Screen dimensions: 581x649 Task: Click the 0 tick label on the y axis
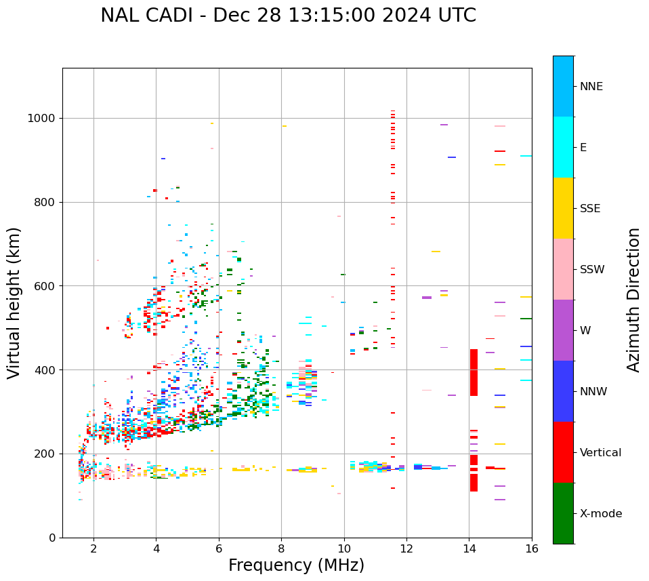pyautogui.click(x=52, y=538)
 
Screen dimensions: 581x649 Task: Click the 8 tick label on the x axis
pyautogui.click(x=281, y=548)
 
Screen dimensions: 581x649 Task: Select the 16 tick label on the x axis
pyautogui.click(x=532, y=548)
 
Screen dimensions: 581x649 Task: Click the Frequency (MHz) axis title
pyautogui.click(x=296, y=565)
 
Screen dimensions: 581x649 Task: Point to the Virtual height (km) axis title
pyautogui.click(x=14, y=302)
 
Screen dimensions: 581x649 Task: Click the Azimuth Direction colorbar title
pyautogui.click(x=633, y=300)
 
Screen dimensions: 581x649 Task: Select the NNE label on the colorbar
pyautogui.click(x=591, y=87)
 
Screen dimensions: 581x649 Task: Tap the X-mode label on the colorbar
pyautogui.click(x=600, y=514)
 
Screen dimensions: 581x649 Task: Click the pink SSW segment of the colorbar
pyautogui.click(x=563, y=269)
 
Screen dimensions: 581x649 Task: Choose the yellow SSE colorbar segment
pyautogui.click(x=563, y=208)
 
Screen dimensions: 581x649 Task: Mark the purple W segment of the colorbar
pyautogui.click(x=563, y=330)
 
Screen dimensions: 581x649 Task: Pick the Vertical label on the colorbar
pyautogui.click(x=600, y=453)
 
